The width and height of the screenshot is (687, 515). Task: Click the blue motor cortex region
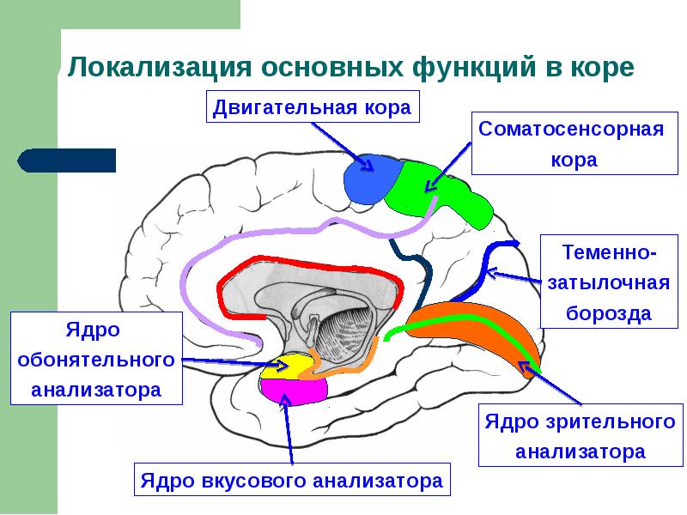point(369,179)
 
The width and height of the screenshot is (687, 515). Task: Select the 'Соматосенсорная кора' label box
point(572,143)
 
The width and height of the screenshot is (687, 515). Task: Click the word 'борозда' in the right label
point(609,313)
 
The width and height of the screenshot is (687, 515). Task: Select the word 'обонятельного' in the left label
point(97,360)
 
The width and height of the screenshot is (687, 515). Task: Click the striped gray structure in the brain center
point(343,330)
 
